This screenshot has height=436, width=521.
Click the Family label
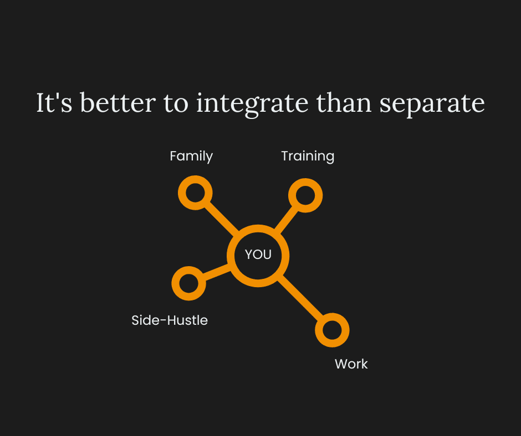tap(191, 156)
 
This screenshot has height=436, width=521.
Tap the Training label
tap(308, 156)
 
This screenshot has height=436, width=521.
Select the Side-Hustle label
tap(170, 320)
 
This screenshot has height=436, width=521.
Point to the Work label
tap(351, 364)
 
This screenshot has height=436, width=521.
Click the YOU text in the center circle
tap(258, 255)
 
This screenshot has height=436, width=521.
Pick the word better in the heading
tap(118, 102)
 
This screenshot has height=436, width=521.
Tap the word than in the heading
tap(344, 102)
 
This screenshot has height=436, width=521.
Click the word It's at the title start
tap(54, 102)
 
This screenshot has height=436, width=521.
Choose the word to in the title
tap(176, 103)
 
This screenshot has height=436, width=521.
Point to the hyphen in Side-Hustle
tap(164, 321)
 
